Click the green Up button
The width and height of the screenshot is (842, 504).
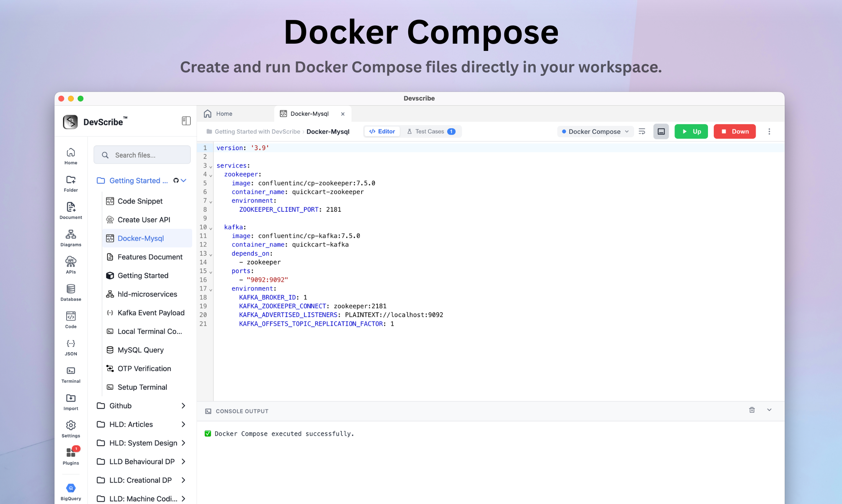point(691,131)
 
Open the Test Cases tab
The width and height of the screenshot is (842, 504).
point(431,131)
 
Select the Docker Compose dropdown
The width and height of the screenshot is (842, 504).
point(595,131)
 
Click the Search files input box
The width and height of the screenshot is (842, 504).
point(142,155)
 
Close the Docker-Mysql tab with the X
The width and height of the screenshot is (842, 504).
point(343,114)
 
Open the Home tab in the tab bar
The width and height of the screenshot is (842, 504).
point(218,114)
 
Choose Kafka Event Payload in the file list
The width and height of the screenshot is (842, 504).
point(151,313)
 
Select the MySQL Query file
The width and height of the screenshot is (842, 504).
point(141,350)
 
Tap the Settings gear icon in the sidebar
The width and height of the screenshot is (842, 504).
point(71,425)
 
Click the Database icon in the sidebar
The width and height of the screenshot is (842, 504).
point(71,288)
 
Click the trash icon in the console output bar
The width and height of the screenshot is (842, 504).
point(752,410)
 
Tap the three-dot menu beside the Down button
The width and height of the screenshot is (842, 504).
point(769,131)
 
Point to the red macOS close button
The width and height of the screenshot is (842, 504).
point(61,98)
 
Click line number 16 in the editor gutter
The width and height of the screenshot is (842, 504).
point(203,280)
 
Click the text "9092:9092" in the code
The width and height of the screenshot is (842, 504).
point(267,280)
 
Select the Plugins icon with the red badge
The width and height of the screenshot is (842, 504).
point(71,452)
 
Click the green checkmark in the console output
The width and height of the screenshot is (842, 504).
point(208,434)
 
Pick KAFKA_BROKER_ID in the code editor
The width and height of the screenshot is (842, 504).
point(268,297)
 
